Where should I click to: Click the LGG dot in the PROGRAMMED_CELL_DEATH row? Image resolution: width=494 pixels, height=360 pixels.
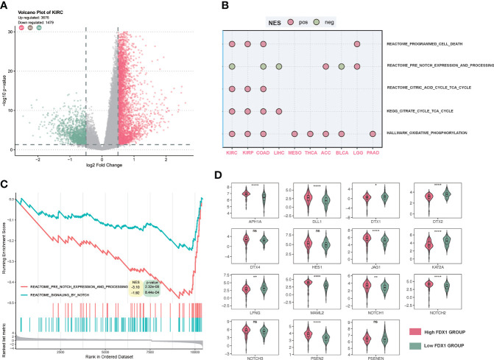click(356, 45)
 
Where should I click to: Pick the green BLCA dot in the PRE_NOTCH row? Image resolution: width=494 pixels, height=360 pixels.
click(341, 67)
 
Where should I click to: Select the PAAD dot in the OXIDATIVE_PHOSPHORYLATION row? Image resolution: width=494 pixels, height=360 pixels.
click(373, 134)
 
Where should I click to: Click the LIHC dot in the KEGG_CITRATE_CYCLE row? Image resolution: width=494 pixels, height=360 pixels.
click(279, 112)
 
